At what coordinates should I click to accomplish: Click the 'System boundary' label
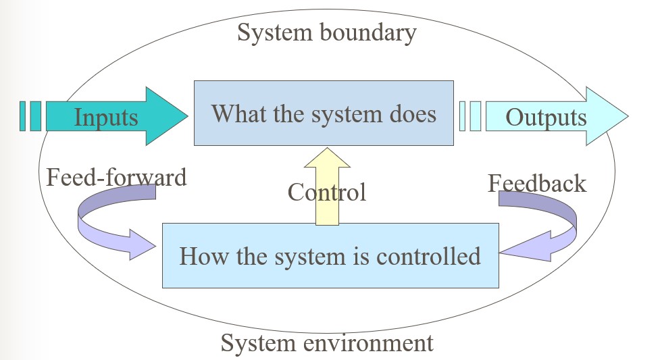pyautogui.click(x=326, y=32)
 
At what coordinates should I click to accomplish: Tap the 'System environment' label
pyautogui.click(x=326, y=343)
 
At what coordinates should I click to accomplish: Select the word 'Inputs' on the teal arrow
pyautogui.click(x=106, y=118)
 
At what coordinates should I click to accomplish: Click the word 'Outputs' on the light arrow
pyautogui.click(x=546, y=118)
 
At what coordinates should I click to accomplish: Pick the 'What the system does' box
pyautogui.click(x=324, y=113)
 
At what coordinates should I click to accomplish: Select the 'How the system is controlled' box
pyautogui.click(x=330, y=256)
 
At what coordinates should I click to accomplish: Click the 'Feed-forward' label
pyautogui.click(x=116, y=178)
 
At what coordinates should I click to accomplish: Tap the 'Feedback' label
pyautogui.click(x=537, y=183)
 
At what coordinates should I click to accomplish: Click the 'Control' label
pyautogui.click(x=327, y=192)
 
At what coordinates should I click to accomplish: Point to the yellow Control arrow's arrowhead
pyautogui.click(x=327, y=157)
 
